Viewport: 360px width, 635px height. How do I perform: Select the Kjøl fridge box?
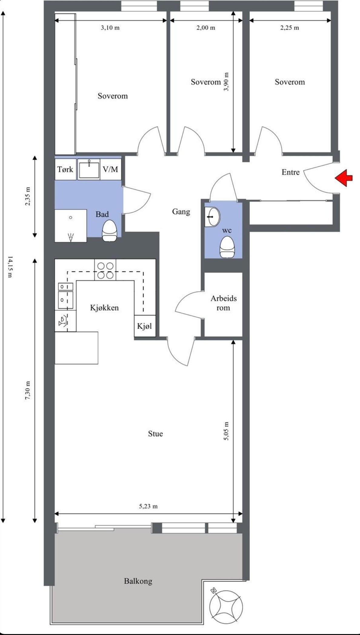pyautogui.click(x=145, y=326)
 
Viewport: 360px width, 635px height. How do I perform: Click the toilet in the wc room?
pyautogui.click(x=227, y=247)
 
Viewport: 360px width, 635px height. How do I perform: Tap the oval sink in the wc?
pyautogui.click(x=213, y=217)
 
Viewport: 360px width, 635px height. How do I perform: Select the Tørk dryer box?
pyautogui.click(x=65, y=169)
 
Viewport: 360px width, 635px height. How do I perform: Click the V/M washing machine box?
pyautogui.click(x=111, y=169)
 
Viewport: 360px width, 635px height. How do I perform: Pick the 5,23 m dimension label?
pyautogui.click(x=148, y=506)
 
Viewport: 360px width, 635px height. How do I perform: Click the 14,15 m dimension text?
pyautogui.click(x=10, y=267)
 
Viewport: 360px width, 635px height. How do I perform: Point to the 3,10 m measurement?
pyautogui.click(x=110, y=28)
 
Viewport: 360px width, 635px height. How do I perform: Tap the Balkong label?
pyautogui.click(x=138, y=581)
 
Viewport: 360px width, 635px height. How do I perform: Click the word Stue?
pyautogui.click(x=155, y=433)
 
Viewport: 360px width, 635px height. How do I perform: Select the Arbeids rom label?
pyautogui.click(x=224, y=303)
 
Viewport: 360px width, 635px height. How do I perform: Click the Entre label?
pyautogui.click(x=291, y=172)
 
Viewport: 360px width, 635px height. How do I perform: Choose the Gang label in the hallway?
pyautogui.click(x=181, y=212)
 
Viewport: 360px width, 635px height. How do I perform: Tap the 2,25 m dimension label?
pyautogui.click(x=290, y=28)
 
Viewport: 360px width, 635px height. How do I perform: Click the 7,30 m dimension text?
pyautogui.click(x=28, y=390)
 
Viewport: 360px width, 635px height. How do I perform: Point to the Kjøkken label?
pyautogui.click(x=104, y=308)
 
